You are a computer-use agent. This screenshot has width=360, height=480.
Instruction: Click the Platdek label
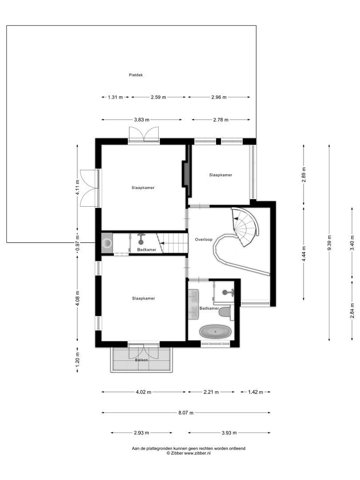pos(136,75)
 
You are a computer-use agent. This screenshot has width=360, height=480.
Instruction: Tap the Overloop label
pos(204,240)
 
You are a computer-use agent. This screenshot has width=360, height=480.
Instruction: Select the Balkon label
pos(142,360)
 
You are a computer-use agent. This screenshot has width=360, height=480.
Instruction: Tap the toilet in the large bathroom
pos(225,312)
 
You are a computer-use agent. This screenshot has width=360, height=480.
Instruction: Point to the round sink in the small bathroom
pos(107,243)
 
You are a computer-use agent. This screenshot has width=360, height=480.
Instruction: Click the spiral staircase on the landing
pos(245,227)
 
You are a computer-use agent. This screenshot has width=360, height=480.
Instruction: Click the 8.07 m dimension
pos(186,413)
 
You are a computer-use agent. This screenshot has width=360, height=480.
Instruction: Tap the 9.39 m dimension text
pos(329,243)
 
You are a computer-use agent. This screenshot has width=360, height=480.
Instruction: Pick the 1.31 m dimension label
pos(115,97)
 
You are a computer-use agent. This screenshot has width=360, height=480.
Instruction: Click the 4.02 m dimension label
pos(143,392)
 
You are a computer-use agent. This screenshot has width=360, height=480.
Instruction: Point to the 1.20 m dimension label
pos(77,358)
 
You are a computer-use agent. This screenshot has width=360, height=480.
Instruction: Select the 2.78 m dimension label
pos(220,120)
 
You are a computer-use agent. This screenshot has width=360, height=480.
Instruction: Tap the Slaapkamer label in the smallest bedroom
pos(220,175)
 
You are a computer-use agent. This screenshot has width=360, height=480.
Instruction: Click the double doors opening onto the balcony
pos(144,351)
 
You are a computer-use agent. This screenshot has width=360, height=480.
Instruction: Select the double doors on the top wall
pos(144,134)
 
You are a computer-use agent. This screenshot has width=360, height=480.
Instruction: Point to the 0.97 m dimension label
pos(77,243)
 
